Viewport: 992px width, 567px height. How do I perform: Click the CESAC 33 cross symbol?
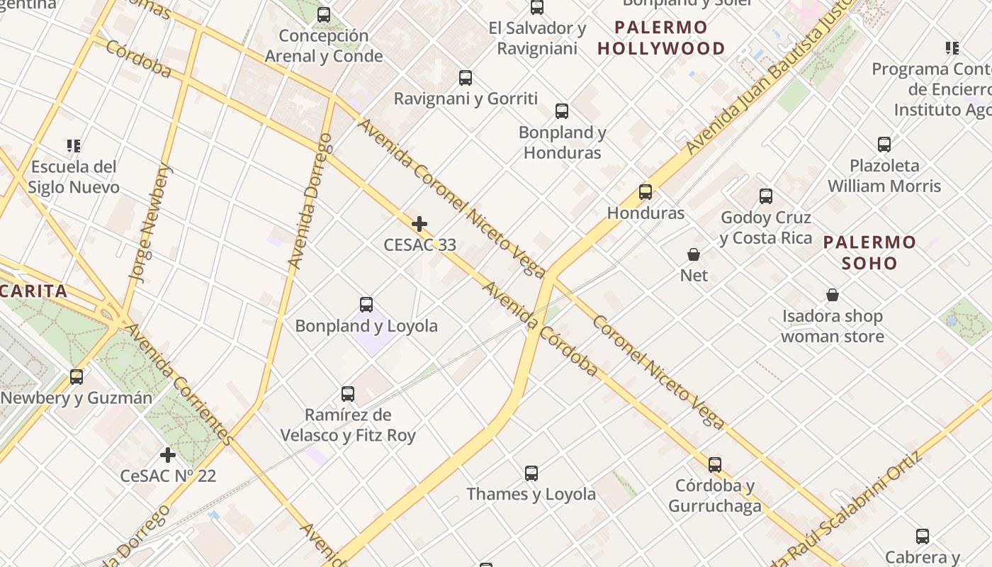point(419,225)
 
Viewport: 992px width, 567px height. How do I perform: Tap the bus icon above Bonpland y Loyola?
point(366,305)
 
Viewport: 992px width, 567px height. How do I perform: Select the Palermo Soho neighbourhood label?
point(869,253)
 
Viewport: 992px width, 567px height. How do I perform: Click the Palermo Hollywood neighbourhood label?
point(661,38)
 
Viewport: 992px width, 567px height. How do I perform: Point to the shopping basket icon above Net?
point(694,254)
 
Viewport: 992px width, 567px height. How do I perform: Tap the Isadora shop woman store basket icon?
point(833,295)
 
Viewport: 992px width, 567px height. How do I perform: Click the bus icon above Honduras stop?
point(646,192)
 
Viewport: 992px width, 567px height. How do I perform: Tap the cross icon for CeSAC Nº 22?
point(168,455)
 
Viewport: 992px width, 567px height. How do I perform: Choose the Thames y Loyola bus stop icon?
point(531,473)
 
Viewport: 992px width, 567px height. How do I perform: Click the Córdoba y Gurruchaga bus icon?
point(715,465)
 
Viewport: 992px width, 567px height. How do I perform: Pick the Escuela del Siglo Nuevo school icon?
point(74,146)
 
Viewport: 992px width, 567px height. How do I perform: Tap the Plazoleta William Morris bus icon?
point(884,145)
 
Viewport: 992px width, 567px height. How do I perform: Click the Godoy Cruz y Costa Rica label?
point(766,228)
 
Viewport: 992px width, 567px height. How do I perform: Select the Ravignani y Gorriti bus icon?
point(466,78)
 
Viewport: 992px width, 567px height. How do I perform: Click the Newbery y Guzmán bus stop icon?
point(77,377)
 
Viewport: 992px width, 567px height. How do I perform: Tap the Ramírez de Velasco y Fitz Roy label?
point(348,425)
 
